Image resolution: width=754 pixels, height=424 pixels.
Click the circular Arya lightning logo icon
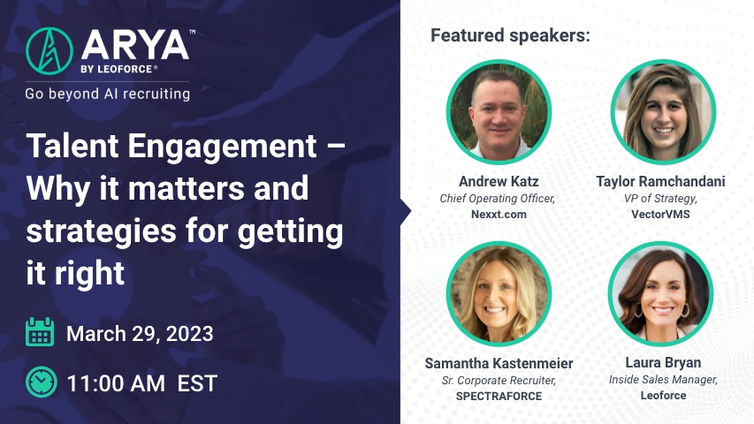pyautogui.click(x=50, y=51)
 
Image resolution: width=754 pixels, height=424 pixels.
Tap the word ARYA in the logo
pyautogui.click(x=135, y=46)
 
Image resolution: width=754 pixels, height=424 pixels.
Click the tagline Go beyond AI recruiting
pyautogui.click(x=108, y=94)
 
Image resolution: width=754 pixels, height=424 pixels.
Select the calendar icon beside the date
pyautogui.click(x=40, y=332)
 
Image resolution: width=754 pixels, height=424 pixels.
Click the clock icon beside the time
pyautogui.click(x=42, y=382)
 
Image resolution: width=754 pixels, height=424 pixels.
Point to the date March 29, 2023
pyautogui.click(x=140, y=334)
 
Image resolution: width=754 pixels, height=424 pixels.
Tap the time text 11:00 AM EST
pyautogui.click(x=141, y=383)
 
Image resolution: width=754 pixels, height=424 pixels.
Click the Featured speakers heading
pyautogui.click(x=510, y=35)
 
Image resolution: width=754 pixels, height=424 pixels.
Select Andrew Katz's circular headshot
pyautogui.click(x=499, y=112)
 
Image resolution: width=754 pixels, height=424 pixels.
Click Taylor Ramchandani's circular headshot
pyautogui.click(x=663, y=112)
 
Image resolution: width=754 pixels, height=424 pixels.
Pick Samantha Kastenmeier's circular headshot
pyautogui.click(x=499, y=294)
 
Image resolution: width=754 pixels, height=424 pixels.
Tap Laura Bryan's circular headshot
pyautogui.click(x=660, y=294)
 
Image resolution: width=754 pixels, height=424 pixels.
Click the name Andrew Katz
pyautogui.click(x=499, y=181)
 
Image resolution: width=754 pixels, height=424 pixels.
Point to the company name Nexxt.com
pyautogui.click(x=499, y=215)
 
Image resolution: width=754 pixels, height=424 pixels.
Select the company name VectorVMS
pyautogui.click(x=660, y=215)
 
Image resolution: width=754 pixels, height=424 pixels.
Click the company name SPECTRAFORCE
pyautogui.click(x=499, y=396)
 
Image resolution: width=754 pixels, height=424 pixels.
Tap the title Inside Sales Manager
pyautogui.click(x=663, y=380)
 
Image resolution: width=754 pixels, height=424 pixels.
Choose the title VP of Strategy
pyautogui.click(x=660, y=199)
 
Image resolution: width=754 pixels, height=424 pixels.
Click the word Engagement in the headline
pyautogui.click(x=222, y=147)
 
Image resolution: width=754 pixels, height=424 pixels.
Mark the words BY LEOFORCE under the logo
pyautogui.click(x=117, y=69)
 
